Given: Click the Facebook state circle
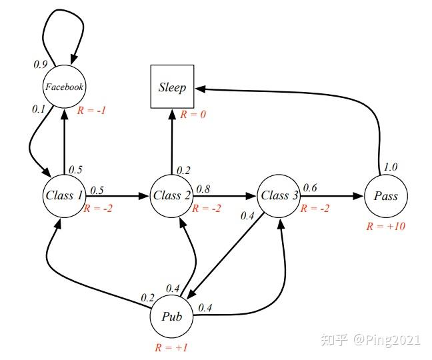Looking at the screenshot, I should click(x=64, y=87).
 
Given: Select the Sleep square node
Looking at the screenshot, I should click(x=172, y=87).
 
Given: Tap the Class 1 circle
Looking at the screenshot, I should click(x=64, y=195).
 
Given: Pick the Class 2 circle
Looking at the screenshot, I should click(x=172, y=195).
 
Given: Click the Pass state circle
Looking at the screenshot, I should click(x=386, y=195).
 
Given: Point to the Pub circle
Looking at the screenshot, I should click(x=172, y=316).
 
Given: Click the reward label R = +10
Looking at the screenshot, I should click(x=386, y=226).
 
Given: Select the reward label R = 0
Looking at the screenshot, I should click(x=193, y=115).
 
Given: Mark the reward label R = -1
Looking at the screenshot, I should click(x=91, y=109).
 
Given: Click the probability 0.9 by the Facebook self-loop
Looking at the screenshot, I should click(x=40, y=65).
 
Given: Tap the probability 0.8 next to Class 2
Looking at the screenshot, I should click(x=202, y=189).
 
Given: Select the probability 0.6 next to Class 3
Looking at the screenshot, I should click(x=310, y=188).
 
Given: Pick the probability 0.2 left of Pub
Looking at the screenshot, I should click(x=147, y=297).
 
